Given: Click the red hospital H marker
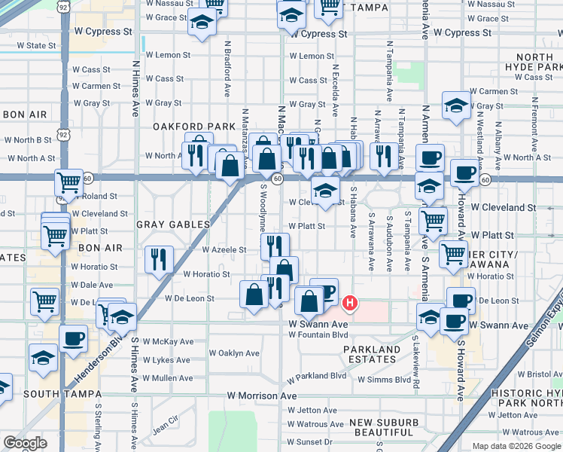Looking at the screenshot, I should (x=349, y=304).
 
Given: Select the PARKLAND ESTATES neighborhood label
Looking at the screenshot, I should (x=372, y=354).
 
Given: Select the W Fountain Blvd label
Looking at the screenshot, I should (x=318, y=334).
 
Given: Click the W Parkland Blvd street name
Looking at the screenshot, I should (x=317, y=375).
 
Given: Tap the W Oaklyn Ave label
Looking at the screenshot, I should (x=234, y=353).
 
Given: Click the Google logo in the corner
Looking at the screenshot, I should (x=25, y=443).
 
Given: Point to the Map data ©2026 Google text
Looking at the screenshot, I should (x=516, y=446).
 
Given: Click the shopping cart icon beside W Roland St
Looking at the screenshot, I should (x=68, y=182).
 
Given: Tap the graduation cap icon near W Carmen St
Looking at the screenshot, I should (x=456, y=105).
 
